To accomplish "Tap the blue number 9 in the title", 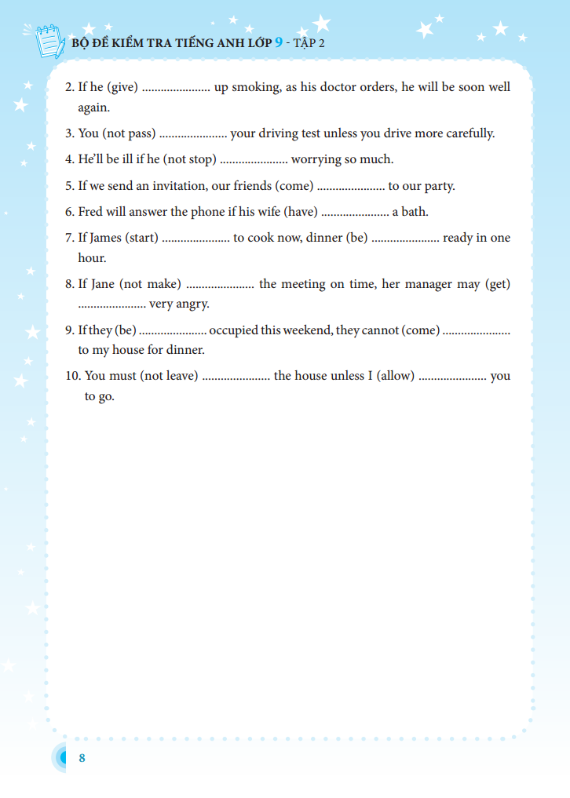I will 278,42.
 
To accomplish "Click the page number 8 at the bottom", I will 82,758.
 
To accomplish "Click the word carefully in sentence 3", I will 470,133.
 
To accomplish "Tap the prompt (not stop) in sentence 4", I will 189,159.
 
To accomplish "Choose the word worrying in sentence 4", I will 316,159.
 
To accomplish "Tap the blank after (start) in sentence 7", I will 195,239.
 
